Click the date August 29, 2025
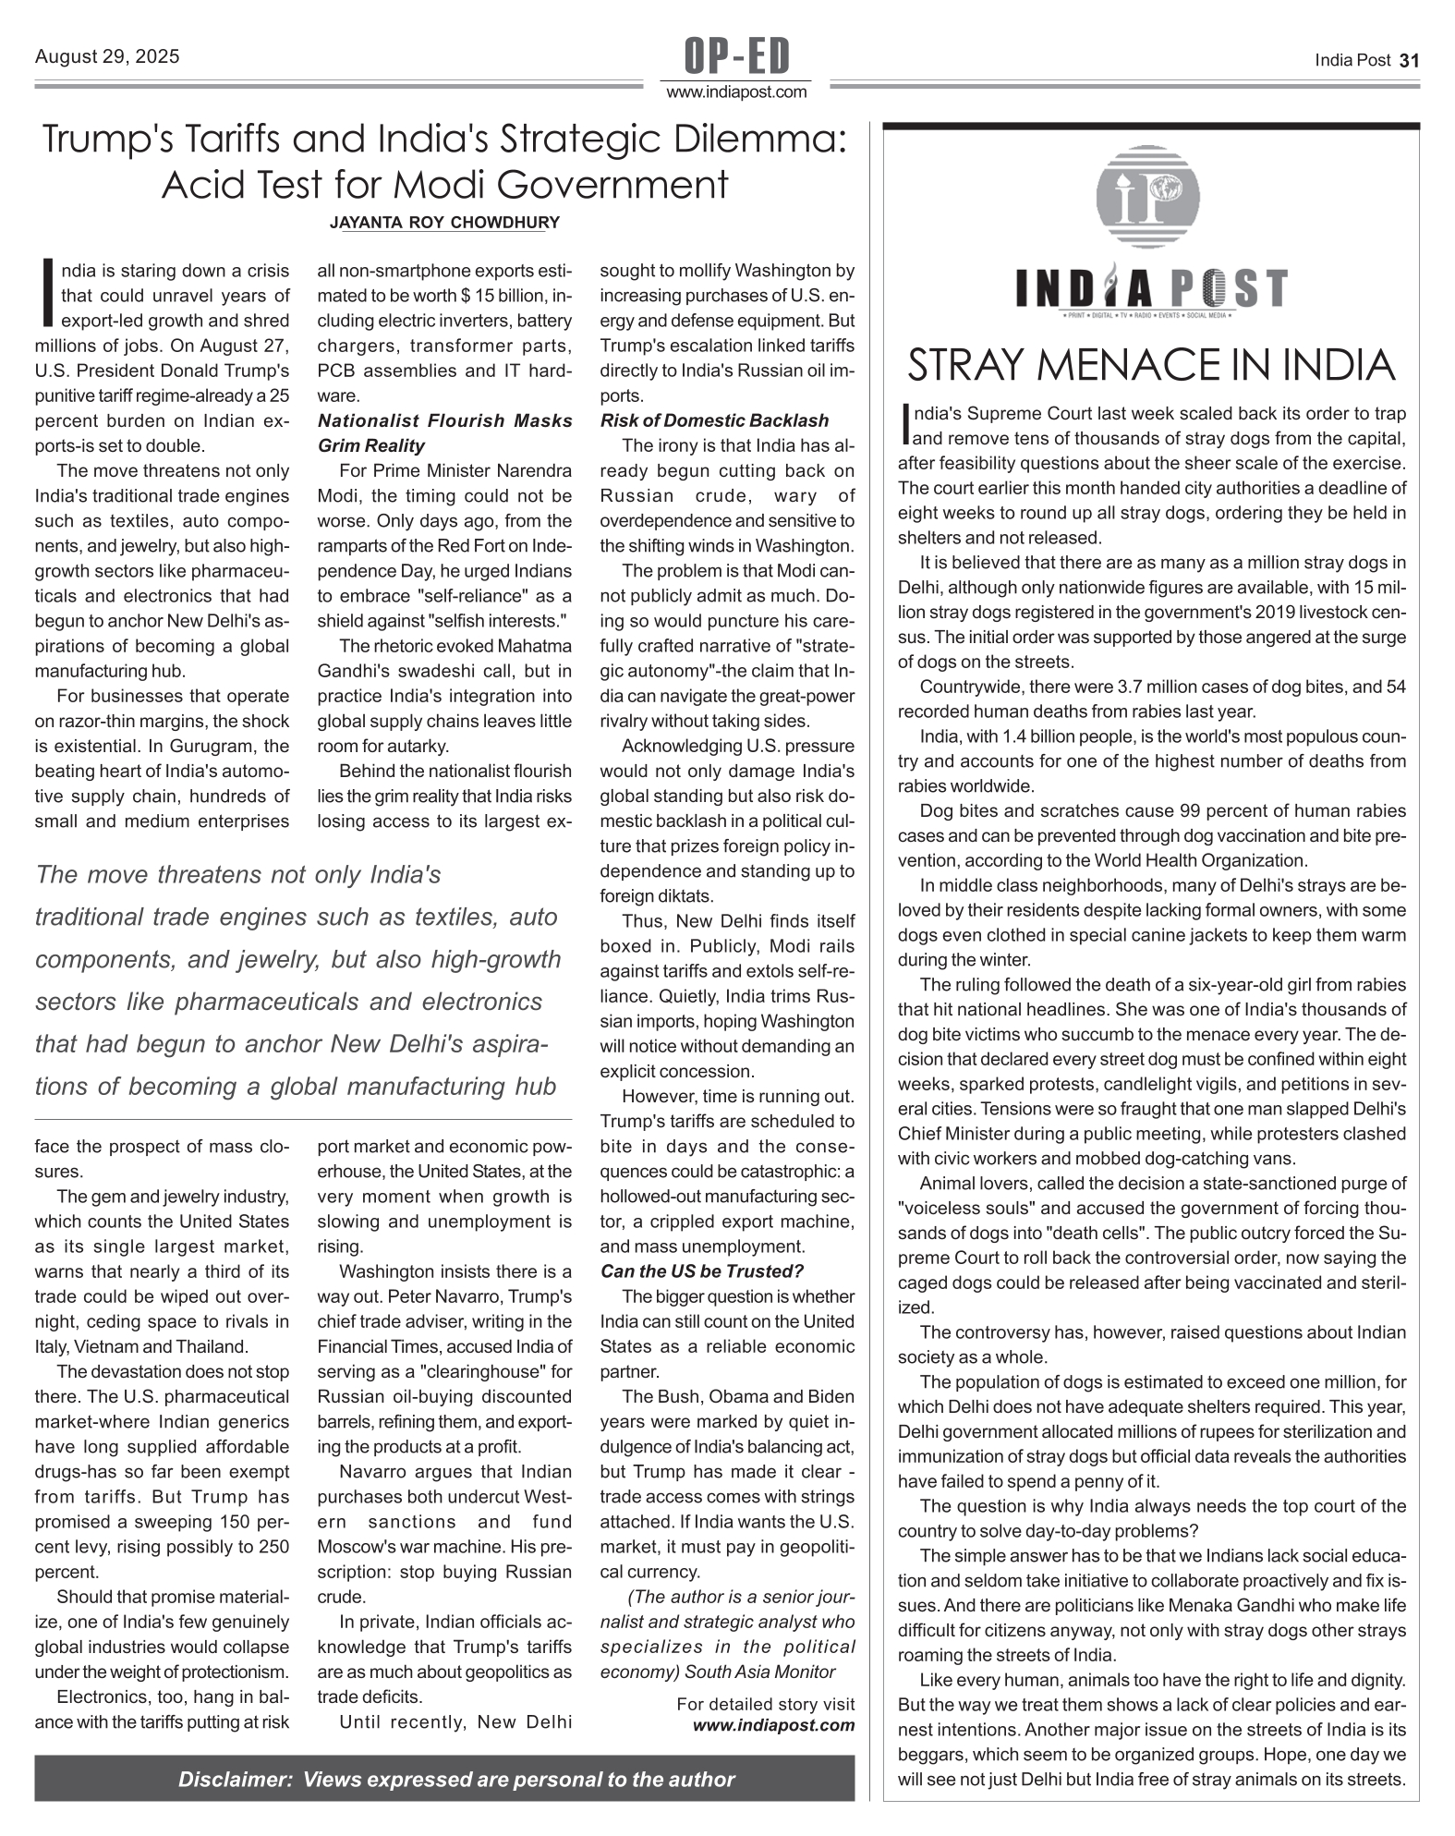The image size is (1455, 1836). tap(107, 57)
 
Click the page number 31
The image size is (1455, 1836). tap(1409, 61)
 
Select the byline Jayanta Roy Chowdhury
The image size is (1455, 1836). tap(444, 223)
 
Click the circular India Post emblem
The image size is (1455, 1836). tap(1147, 197)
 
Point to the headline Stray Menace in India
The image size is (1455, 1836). tap(1151, 366)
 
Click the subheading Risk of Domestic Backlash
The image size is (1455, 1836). tap(714, 420)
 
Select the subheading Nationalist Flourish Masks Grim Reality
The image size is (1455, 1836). tap(444, 432)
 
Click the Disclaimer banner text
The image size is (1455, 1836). tap(456, 1780)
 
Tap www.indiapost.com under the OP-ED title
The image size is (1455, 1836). tap(736, 92)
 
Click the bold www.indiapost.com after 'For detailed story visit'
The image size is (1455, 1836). tap(774, 1725)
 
